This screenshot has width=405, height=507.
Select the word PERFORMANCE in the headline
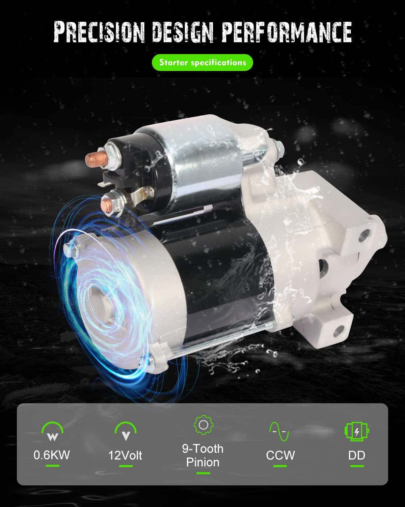coord(287,32)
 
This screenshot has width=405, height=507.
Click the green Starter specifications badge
coord(202,63)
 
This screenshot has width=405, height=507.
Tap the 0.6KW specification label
coord(52,455)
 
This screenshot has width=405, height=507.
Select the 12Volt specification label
coord(125,455)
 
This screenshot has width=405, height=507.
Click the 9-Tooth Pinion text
coord(203,455)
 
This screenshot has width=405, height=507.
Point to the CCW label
coord(280,455)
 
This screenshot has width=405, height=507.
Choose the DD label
coord(357,455)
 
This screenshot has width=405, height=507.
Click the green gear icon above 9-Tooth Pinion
coord(203,425)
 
